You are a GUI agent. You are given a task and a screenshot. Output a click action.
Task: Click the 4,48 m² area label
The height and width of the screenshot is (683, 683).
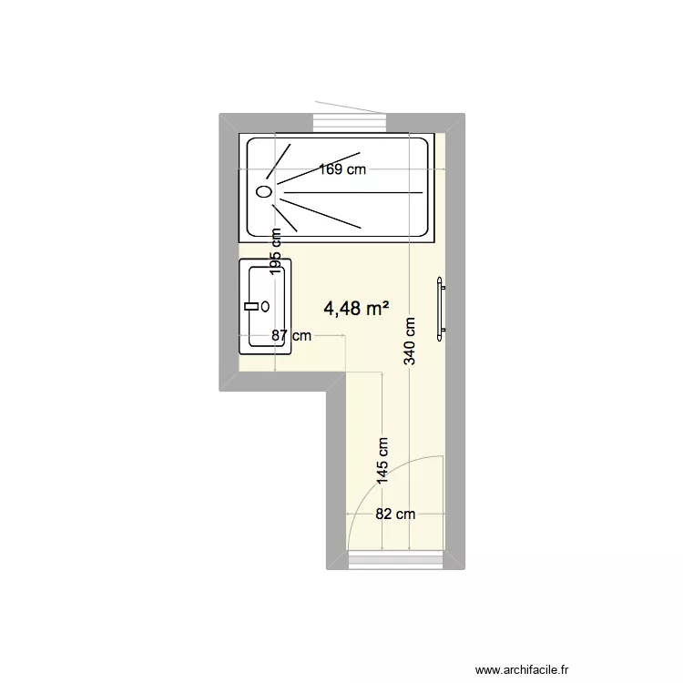(x=356, y=309)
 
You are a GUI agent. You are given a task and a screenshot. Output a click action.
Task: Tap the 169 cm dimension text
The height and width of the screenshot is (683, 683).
(x=342, y=168)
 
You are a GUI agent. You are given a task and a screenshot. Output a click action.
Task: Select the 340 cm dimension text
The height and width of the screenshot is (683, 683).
(x=411, y=341)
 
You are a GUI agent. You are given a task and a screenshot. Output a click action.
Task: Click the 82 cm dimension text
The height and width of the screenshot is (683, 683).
(x=395, y=514)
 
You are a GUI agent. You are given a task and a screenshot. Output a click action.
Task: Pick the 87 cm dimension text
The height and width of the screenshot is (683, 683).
(x=291, y=335)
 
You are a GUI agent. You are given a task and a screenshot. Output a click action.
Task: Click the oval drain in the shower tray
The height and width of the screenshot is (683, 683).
(x=264, y=192)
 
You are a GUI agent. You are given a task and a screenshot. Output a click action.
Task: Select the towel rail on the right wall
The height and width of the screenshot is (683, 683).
(x=442, y=310)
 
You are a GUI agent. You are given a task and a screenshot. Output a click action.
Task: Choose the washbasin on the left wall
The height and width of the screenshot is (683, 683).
(x=265, y=307)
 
